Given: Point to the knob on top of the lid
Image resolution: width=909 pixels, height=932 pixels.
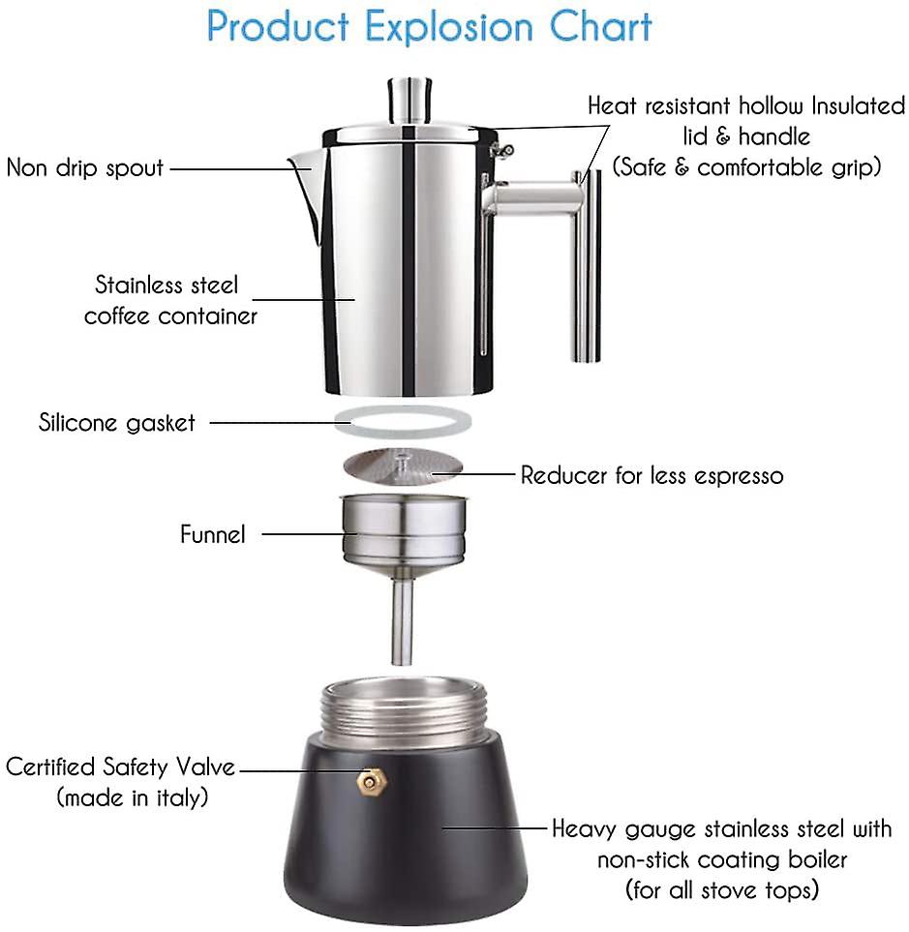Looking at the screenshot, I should (x=410, y=100).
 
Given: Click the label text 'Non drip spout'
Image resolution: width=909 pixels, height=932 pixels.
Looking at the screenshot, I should (x=85, y=167).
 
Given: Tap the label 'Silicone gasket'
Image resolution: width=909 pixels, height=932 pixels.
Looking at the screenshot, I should (x=117, y=423).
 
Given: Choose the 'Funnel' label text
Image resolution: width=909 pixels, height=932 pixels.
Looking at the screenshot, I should (x=213, y=533).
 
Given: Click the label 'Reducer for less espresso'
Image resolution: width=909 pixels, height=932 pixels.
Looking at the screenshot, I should (x=651, y=475).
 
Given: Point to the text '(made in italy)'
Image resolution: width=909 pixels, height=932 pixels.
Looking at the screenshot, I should (x=133, y=797).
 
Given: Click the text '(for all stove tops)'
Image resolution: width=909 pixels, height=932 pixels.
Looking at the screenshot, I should (x=722, y=888).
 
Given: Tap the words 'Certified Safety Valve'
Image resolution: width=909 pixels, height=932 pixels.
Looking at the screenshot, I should (x=120, y=767).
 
